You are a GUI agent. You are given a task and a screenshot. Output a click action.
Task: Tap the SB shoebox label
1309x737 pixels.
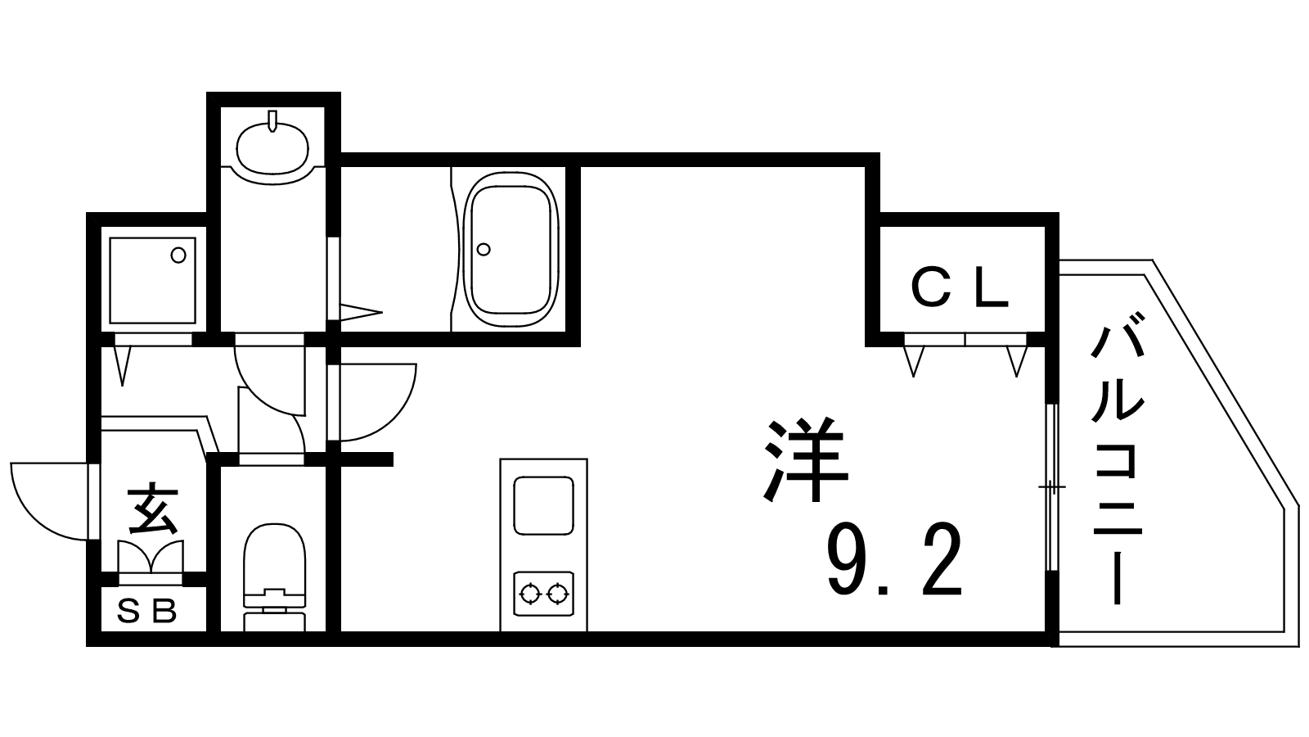pyautogui.click(x=147, y=611)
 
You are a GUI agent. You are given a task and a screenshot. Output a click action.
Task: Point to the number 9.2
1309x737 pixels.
pyautogui.click(x=895, y=564)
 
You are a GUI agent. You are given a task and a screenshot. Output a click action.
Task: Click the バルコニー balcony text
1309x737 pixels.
pyautogui.click(x=1115, y=463)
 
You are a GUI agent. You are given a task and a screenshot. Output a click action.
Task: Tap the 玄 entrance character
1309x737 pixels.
pyautogui.click(x=153, y=509)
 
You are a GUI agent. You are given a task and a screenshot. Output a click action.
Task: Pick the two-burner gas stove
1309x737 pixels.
pyautogui.click(x=543, y=593)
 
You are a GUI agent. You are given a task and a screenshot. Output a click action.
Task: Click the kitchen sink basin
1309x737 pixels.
pyautogui.click(x=543, y=504)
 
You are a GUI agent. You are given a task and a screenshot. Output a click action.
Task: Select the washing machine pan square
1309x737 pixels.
pyautogui.click(x=153, y=280)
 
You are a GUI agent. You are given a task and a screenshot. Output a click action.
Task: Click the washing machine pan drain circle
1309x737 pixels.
pyautogui.click(x=178, y=255)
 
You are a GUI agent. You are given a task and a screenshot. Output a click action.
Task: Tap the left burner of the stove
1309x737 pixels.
pyautogui.click(x=529, y=593)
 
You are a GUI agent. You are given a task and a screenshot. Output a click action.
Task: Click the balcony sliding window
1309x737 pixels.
pyautogui.click(x=1052, y=488)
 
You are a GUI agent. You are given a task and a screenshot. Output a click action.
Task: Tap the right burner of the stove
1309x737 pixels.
pyautogui.click(x=558, y=593)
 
